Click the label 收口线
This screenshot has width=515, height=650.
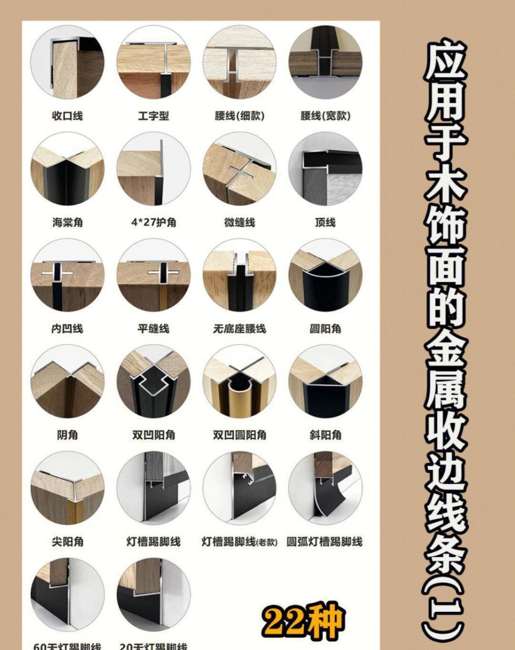click(67, 116)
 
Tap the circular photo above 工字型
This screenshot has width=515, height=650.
click(153, 62)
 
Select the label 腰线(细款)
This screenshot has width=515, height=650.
click(239, 116)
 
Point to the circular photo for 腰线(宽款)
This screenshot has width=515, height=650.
click(325, 62)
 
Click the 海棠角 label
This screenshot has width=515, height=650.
click(67, 222)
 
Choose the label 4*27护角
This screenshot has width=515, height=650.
click(153, 222)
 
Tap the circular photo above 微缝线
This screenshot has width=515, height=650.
click(239, 169)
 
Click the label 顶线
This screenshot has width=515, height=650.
click(325, 222)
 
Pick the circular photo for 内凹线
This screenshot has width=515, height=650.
click(67, 275)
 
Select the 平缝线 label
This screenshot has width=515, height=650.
click(153, 329)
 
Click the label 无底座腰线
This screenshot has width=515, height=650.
click(239, 329)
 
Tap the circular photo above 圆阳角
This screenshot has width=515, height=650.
click(325, 275)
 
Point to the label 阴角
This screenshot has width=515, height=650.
click(67, 435)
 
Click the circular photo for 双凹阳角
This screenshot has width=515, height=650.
click(153, 382)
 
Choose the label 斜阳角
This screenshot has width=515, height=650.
click(325, 435)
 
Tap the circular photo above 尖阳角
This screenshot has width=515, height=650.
click(67, 488)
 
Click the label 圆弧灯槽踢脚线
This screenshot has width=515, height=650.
click(325, 542)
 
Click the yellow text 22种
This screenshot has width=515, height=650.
click(303, 622)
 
